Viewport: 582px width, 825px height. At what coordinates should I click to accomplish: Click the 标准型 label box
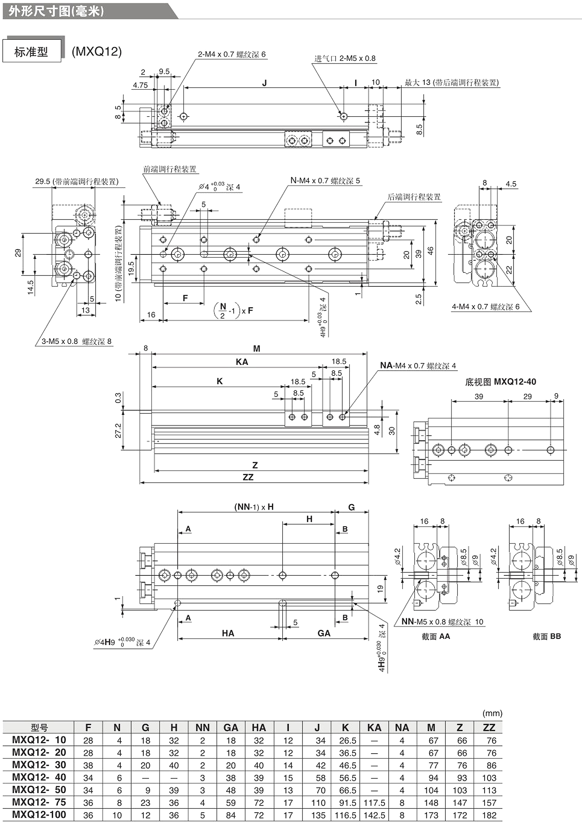click(31, 52)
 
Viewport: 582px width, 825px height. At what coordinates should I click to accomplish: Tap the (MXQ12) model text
click(97, 51)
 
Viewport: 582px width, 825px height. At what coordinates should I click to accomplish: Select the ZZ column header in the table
click(489, 727)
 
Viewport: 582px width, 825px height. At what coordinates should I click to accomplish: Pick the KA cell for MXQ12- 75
click(374, 802)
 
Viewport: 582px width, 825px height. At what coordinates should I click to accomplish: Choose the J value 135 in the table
click(318, 815)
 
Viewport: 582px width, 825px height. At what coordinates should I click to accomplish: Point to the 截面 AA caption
click(436, 636)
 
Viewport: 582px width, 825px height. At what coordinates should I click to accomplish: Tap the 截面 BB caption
click(547, 636)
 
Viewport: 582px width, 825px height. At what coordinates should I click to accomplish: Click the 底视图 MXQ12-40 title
click(500, 382)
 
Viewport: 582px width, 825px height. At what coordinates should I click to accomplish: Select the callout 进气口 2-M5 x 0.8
click(345, 58)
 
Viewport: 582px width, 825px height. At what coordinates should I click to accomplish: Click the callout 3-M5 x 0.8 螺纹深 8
click(77, 341)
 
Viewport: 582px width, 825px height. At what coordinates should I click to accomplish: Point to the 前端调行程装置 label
click(169, 169)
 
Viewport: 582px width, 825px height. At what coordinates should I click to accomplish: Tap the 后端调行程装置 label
click(414, 197)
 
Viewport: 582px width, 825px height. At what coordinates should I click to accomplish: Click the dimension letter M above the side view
click(256, 348)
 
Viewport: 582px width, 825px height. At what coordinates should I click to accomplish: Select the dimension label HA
click(228, 633)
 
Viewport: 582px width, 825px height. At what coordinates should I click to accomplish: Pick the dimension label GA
click(324, 633)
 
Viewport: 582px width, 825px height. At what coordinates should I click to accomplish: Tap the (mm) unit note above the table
click(492, 713)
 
